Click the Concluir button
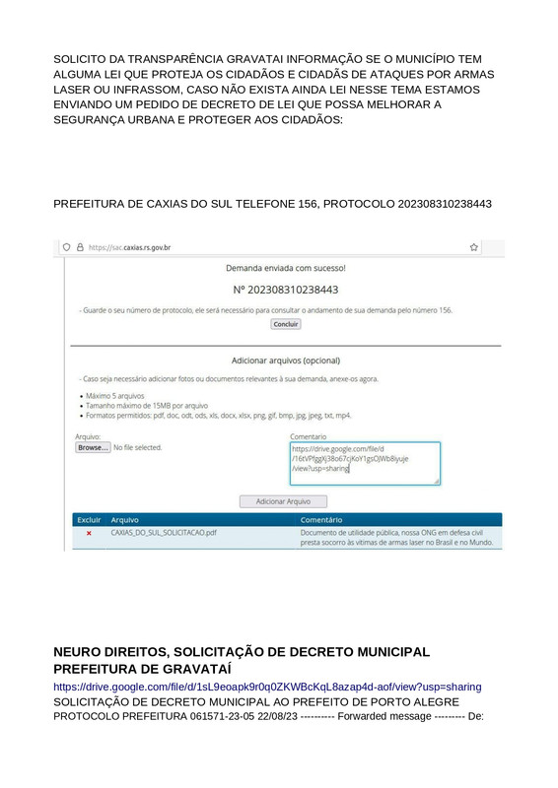pyautogui.click(x=286, y=324)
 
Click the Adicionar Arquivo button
pyautogui.click(x=283, y=501)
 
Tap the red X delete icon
pyautogui.click(x=89, y=533)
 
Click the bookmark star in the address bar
pyautogui.click(x=474, y=248)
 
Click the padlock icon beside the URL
pyautogui.click(x=80, y=248)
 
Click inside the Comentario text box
pyautogui.click(x=365, y=463)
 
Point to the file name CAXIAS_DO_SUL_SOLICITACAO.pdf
pyautogui.click(x=164, y=533)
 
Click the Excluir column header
pyautogui.click(x=89, y=519)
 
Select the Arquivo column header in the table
pyautogui.click(x=125, y=519)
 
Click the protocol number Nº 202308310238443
pyautogui.click(x=286, y=290)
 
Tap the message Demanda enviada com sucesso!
pyautogui.click(x=286, y=268)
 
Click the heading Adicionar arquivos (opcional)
pyautogui.click(x=286, y=361)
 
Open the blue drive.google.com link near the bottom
pyautogui.click(x=267, y=687)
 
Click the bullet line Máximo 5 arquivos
pyautogui.click(x=115, y=396)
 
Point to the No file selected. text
pyautogui.click(x=138, y=447)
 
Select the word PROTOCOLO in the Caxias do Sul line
pyautogui.click(x=359, y=204)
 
